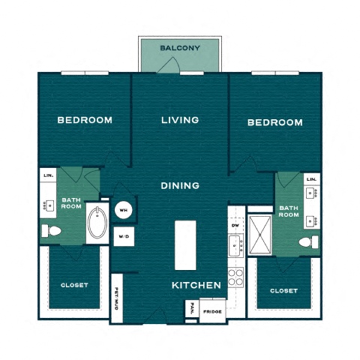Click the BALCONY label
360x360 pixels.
[180, 49]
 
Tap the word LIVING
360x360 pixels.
[180, 120]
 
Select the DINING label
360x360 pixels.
[180, 185]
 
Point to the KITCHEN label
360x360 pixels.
[196, 286]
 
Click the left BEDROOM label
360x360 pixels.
[85, 120]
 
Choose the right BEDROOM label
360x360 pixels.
[274, 122]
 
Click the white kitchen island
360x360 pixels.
[185, 245]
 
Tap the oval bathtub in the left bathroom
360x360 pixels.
[98, 223]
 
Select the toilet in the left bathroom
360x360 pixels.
[52, 230]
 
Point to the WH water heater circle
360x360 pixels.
[124, 211]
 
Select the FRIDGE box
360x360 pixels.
[211, 310]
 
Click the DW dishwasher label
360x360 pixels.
[235, 224]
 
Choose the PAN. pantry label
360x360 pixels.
[191, 307]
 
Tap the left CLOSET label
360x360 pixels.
[75, 285]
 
